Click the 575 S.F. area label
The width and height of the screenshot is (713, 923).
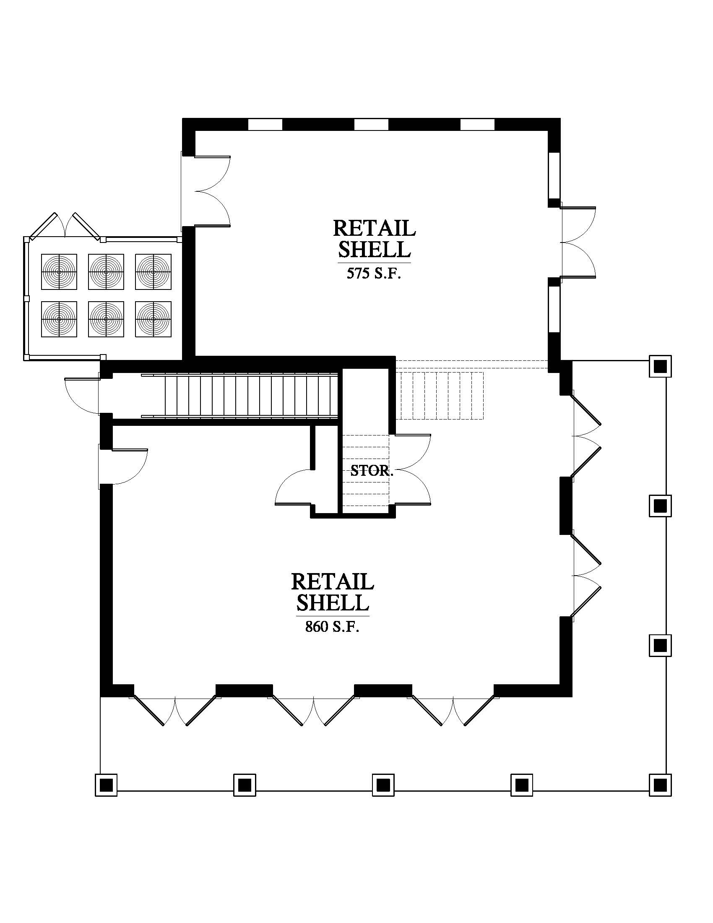373,274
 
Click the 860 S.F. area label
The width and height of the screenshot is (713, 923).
332,626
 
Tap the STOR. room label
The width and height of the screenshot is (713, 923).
372,471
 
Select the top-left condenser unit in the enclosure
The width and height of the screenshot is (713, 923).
59,272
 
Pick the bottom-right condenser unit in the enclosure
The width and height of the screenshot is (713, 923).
154,319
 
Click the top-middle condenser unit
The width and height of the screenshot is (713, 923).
106,272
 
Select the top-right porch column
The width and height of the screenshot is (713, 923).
660,366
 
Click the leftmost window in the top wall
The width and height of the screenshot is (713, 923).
265,125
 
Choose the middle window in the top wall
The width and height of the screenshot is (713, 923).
371,125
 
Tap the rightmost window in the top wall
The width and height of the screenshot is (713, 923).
477,125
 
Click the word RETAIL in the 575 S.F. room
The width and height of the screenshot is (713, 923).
374,228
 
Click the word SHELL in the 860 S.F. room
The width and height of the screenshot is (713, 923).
333,602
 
